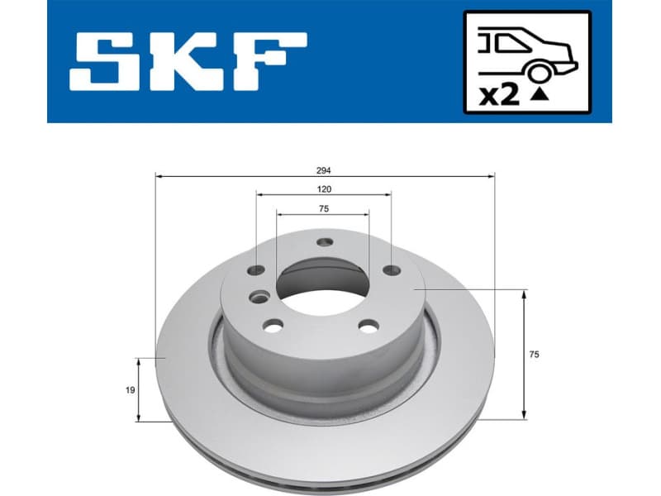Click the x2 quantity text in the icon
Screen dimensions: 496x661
click(499, 96)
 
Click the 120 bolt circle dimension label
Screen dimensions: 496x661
click(324, 189)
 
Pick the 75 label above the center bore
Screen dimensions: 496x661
click(324, 209)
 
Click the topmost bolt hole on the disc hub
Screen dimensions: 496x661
click(325, 241)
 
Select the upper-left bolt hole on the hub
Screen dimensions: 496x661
click(258, 269)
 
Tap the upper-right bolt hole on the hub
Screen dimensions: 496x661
click(391, 269)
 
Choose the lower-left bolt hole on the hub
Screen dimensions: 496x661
click(273, 325)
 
